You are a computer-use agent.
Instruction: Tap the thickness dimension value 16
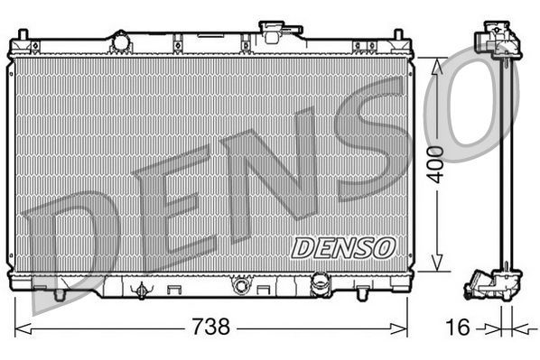coord(459,327)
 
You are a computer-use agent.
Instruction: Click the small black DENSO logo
coord(343,244)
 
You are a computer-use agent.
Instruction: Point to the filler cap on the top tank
coord(271,29)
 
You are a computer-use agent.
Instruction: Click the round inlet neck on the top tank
coord(119,41)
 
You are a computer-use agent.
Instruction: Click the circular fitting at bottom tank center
coord(240,287)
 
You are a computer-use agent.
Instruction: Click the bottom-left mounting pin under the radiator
coord(60,294)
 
